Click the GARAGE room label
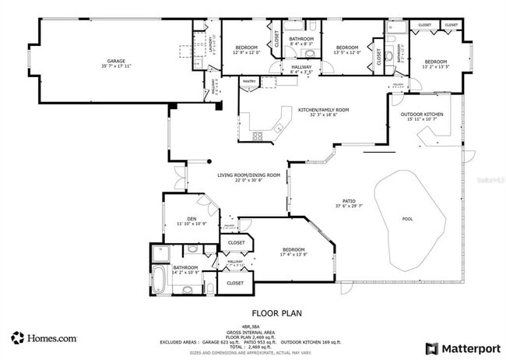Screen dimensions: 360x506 (x=116, y=61)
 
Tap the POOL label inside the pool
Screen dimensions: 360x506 (x=407, y=219)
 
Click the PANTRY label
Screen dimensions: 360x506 (x=249, y=80)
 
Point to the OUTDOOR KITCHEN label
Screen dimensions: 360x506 (x=422, y=115)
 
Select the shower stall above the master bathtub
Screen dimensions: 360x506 (x=161, y=252)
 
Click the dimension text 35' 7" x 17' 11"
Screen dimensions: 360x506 (x=116, y=67)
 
